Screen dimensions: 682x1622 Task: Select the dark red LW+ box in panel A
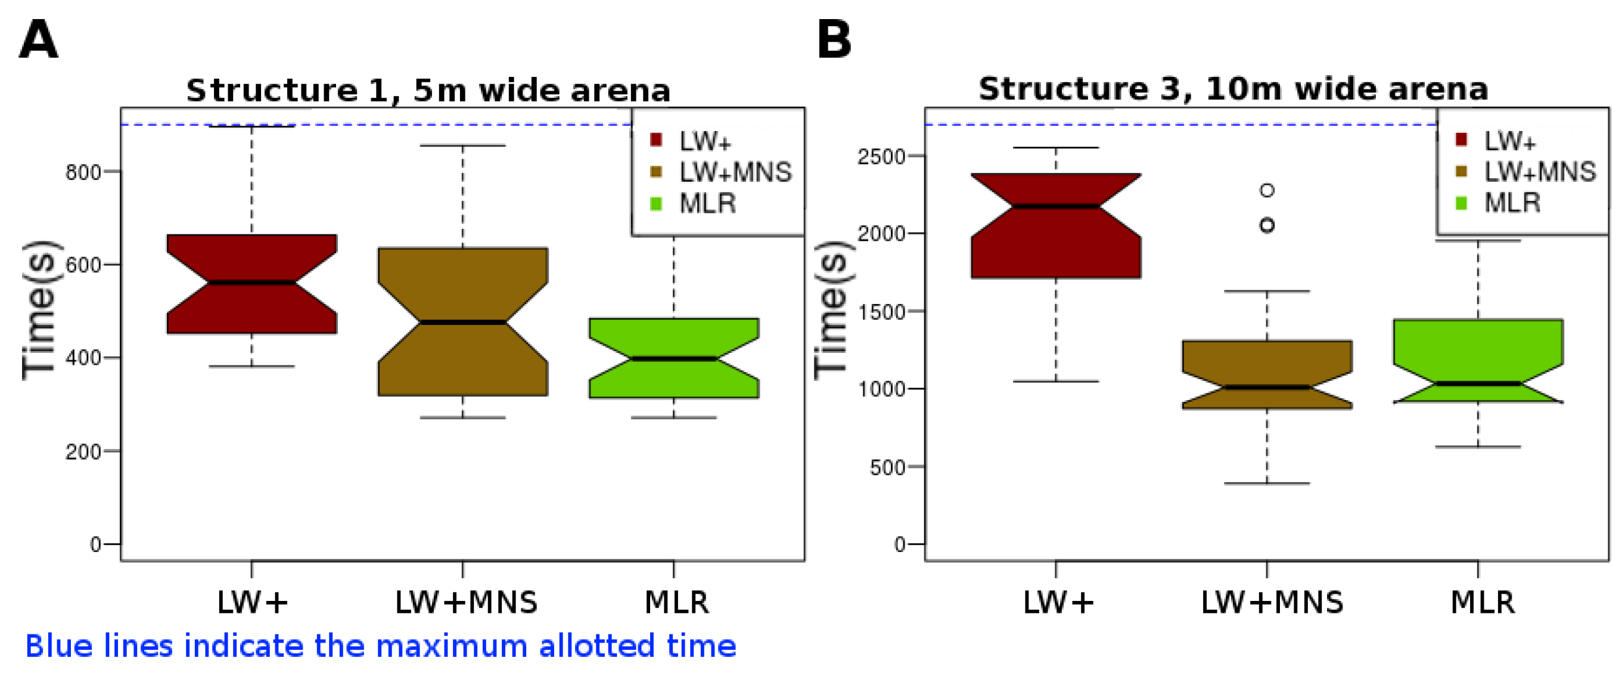point(252,283)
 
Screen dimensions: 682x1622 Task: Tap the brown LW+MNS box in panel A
point(463,322)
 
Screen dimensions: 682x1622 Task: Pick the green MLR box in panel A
point(674,358)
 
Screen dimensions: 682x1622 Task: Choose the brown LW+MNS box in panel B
point(1267,375)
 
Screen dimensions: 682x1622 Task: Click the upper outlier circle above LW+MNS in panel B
point(1267,190)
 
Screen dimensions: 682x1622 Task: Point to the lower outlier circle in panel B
point(1267,225)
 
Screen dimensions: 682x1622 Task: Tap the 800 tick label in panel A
point(83,172)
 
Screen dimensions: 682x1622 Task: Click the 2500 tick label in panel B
point(881,156)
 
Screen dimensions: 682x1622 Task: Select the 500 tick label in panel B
point(888,467)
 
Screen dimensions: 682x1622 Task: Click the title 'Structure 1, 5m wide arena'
point(428,90)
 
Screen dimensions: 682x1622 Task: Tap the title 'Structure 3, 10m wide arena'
point(1233,89)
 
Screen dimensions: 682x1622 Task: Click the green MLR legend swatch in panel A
point(655,204)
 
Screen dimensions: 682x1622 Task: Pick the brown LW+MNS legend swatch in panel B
point(1462,171)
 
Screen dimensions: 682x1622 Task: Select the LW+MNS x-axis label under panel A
point(466,602)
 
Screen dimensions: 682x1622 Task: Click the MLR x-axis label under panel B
point(1482,602)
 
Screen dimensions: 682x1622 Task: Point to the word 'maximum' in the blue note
point(452,646)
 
